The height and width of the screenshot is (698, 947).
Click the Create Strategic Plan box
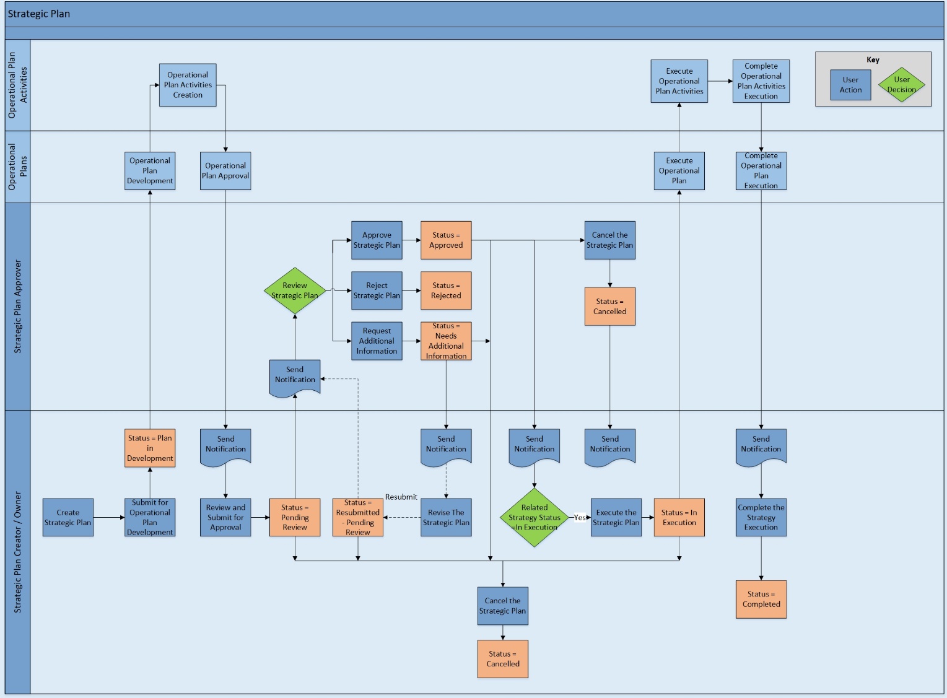click(x=68, y=517)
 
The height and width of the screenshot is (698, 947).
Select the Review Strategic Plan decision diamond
click(x=295, y=290)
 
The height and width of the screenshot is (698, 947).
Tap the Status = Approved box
click(x=446, y=240)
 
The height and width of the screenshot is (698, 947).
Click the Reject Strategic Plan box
click(x=377, y=290)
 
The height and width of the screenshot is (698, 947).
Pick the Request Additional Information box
click(x=377, y=341)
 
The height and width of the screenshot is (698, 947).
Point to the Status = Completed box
click(x=761, y=599)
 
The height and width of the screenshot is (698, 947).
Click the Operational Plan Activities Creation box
click(x=188, y=85)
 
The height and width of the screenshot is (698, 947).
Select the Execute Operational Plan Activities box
click(x=679, y=81)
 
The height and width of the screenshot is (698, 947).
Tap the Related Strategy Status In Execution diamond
click(x=534, y=517)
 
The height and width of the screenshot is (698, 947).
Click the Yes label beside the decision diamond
click(x=580, y=518)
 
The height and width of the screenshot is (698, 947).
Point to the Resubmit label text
click(x=401, y=497)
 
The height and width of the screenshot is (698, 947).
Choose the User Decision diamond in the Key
click(x=902, y=85)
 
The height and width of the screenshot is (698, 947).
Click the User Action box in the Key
click(x=850, y=85)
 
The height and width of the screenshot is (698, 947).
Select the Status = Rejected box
click(x=446, y=290)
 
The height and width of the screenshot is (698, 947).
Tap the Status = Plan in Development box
click(x=150, y=448)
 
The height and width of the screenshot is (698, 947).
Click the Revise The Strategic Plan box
click(x=446, y=517)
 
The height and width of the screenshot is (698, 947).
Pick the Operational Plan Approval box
click(x=225, y=171)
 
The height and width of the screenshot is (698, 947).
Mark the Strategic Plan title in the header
click(x=39, y=14)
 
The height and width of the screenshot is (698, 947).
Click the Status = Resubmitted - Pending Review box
click(x=358, y=517)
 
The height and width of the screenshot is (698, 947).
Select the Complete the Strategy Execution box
click(x=761, y=517)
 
